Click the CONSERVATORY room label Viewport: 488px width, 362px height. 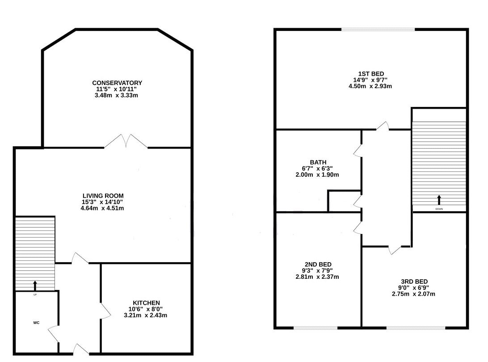[x=117, y=83]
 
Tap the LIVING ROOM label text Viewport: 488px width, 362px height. [x=103, y=196]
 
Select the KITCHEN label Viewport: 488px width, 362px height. [x=146, y=303]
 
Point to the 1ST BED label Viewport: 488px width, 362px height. [x=370, y=74]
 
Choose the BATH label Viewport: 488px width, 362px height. [x=318, y=162]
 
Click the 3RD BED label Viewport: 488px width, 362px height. [x=413, y=281]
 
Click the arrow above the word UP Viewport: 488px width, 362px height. [x=35, y=285]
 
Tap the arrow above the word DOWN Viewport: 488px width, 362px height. [x=438, y=200]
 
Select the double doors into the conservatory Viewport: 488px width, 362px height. [x=126, y=141]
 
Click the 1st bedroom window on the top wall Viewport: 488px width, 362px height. [x=378, y=30]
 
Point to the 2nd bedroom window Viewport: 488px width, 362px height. [x=315, y=328]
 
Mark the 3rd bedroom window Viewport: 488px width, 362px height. [x=416, y=328]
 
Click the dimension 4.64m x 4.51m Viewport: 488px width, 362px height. [x=103, y=208]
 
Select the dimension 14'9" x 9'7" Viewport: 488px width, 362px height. [x=370, y=80]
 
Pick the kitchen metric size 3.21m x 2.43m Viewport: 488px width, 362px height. [x=146, y=315]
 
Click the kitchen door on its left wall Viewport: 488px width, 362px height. [x=105, y=309]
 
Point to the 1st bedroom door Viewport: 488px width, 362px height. [x=383, y=127]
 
